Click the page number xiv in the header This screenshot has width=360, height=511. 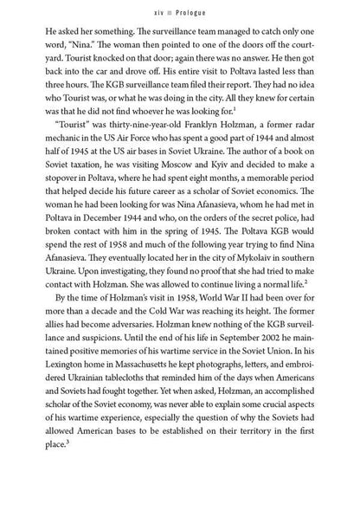[x=159, y=10]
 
